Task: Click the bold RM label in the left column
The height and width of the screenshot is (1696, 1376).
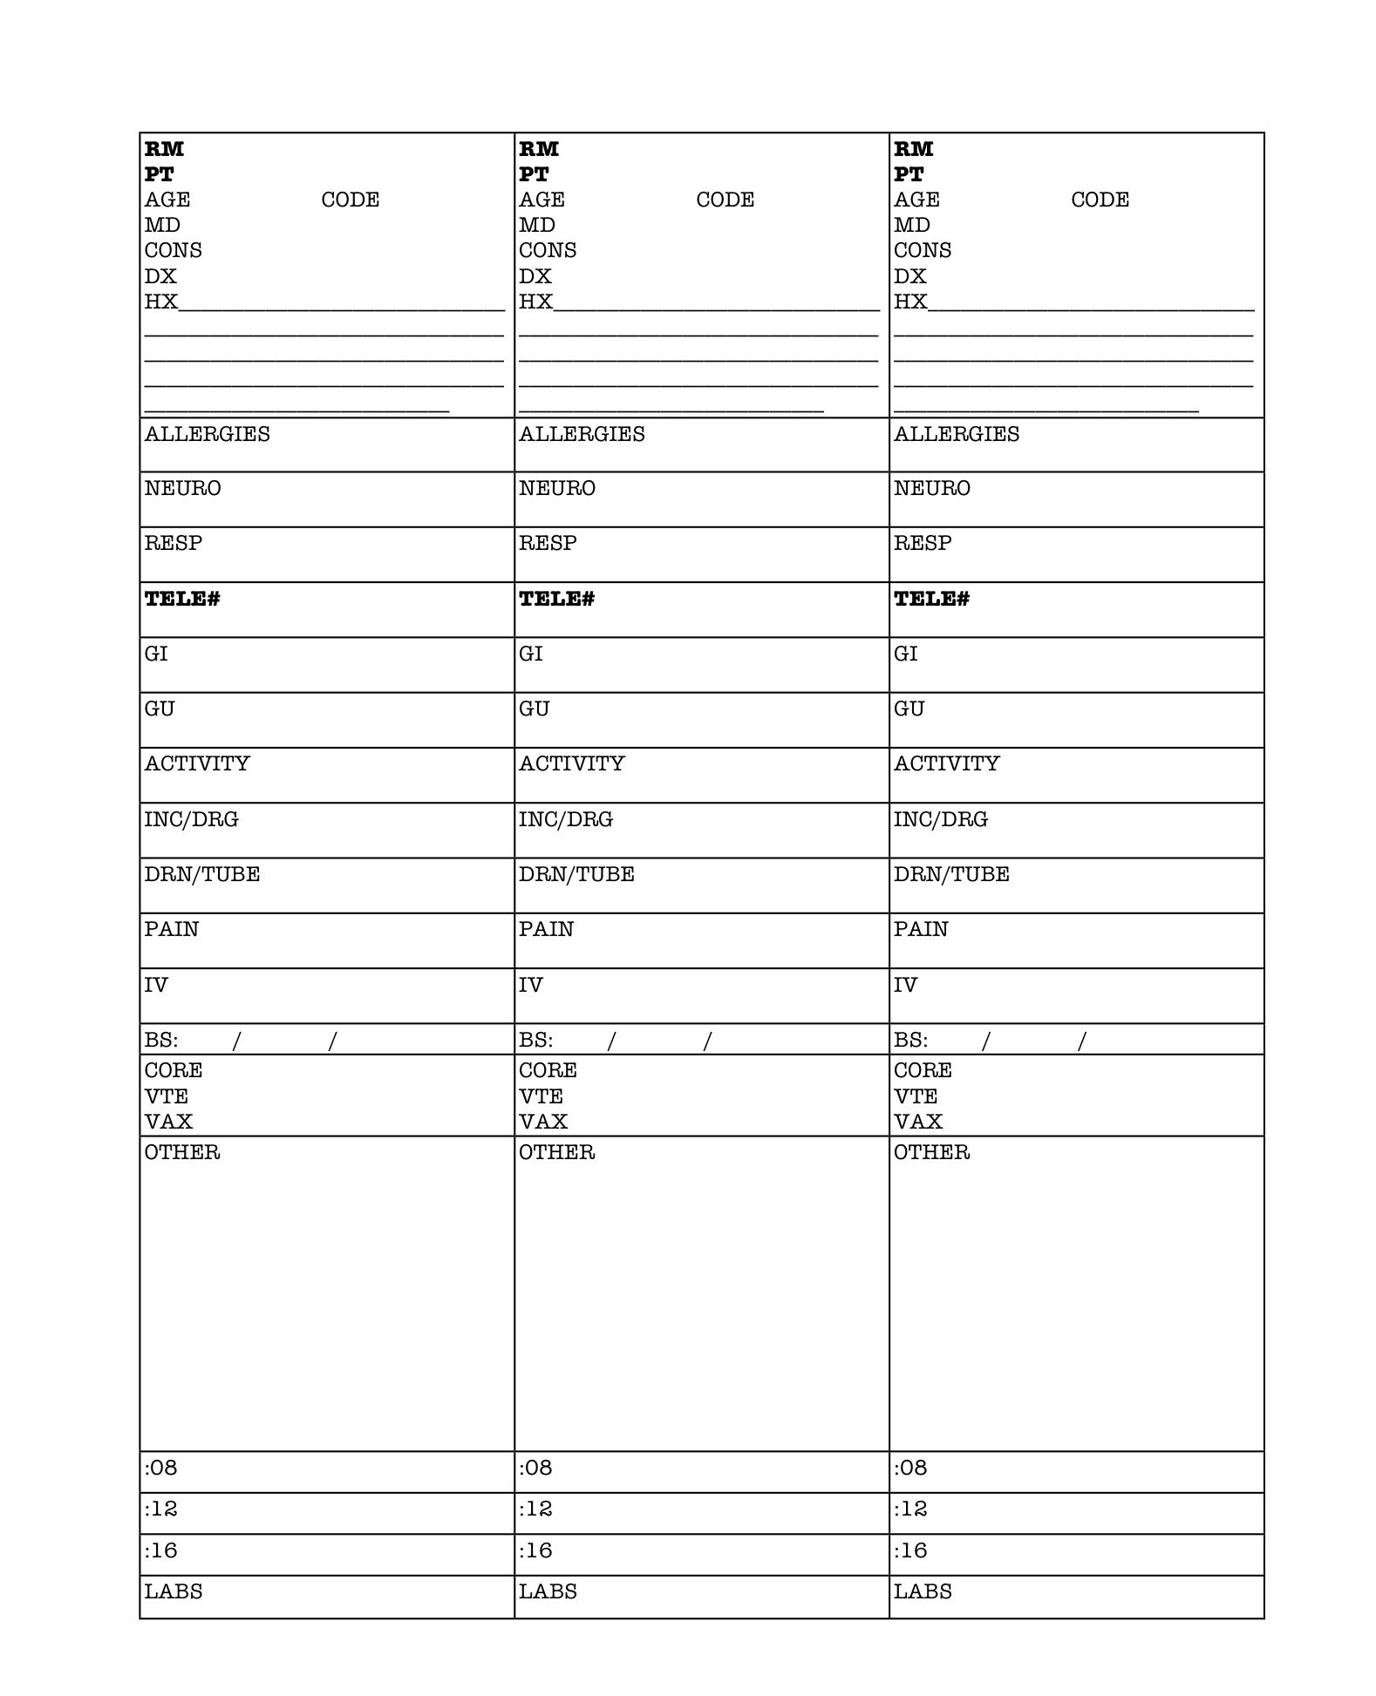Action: point(164,149)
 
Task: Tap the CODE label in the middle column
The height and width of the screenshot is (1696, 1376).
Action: point(725,200)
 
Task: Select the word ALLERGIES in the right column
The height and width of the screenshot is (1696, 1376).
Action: point(956,434)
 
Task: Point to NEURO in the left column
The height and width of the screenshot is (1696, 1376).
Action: point(182,489)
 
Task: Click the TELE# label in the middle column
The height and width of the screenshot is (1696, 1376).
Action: point(556,599)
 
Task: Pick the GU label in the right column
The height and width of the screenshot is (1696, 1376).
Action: point(909,709)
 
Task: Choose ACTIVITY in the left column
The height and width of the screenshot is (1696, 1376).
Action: point(197,764)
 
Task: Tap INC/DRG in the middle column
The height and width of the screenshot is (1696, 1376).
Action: point(566,820)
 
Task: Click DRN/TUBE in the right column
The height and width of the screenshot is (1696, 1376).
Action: point(951,875)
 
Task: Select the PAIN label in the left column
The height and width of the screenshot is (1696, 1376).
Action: point(172,930)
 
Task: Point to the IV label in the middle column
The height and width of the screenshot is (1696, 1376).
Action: point(530,986)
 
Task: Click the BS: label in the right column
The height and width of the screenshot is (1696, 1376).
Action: point(910,1041)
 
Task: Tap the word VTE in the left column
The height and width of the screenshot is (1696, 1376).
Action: point(166,1096)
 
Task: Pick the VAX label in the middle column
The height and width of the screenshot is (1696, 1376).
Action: point(542,1122)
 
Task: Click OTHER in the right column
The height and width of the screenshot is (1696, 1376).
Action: point(931,1153)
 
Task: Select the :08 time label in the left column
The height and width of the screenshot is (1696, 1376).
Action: point(160,1469)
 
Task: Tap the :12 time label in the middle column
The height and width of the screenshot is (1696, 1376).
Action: point(535,1509)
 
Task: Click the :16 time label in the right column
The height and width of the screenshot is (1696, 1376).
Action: point(910,1551)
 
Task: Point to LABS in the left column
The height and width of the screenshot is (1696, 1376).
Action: point(174,1592)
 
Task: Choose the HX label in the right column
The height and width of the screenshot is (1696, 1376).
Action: point(909,302)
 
